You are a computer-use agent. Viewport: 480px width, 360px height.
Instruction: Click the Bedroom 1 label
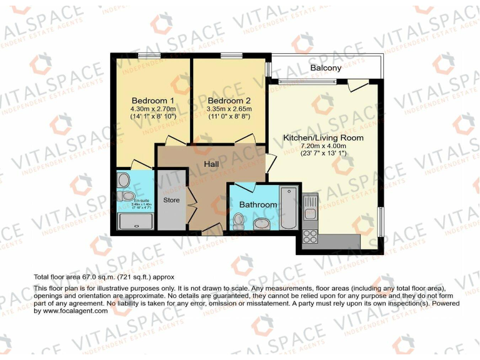[152, 101]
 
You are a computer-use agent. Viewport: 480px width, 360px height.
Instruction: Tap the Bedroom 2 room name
[229, 101]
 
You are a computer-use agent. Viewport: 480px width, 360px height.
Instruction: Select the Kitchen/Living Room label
[323, 137]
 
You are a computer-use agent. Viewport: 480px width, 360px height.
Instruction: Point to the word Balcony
[326, 67]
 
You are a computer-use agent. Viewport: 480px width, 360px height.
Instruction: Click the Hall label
[211, 164]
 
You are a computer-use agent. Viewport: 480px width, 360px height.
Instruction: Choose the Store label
[171, 200]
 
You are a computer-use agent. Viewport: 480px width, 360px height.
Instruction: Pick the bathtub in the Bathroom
[289, 207]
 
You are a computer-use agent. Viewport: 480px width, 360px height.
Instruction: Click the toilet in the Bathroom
[238, 221]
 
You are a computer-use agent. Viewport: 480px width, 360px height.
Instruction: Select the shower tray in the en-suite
[135, 221]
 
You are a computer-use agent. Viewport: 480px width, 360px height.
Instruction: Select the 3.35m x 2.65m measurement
[229, 109]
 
